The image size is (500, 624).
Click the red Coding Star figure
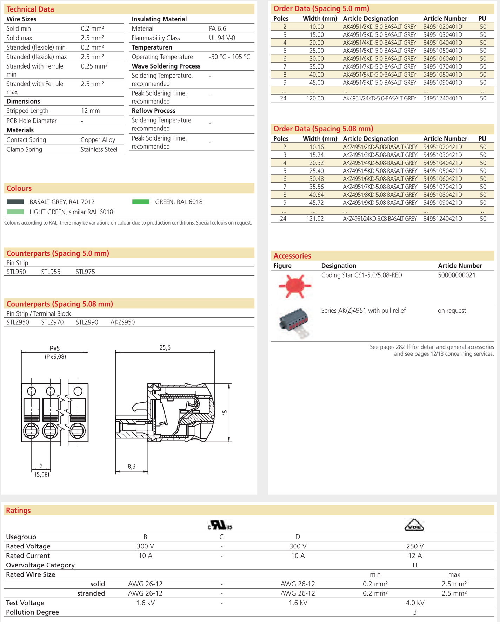(295, 286)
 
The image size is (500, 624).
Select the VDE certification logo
(414, 525)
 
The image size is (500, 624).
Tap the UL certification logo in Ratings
(220, 525)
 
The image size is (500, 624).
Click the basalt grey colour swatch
(15, 202)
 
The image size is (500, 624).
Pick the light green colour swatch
(15, 212)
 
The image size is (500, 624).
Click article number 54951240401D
(442, 98)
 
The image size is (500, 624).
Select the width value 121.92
(315, 219)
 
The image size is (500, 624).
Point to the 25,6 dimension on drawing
(165, 347)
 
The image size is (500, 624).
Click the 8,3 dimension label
(132, 466)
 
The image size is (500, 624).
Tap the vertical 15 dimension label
(225, 412)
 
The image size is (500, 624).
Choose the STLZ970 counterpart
(52, 322)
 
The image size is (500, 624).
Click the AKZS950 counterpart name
(122, 322)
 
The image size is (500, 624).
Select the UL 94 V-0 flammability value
(222, 38)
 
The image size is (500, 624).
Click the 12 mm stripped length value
(91, 111)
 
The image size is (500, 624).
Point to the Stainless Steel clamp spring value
(99, 149)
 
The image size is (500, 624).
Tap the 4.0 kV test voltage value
(415, 603)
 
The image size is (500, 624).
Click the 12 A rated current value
(415, 555)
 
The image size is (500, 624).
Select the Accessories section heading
(292, 256)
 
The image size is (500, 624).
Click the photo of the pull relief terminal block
(294, 323)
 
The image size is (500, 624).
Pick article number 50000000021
(456, 275)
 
